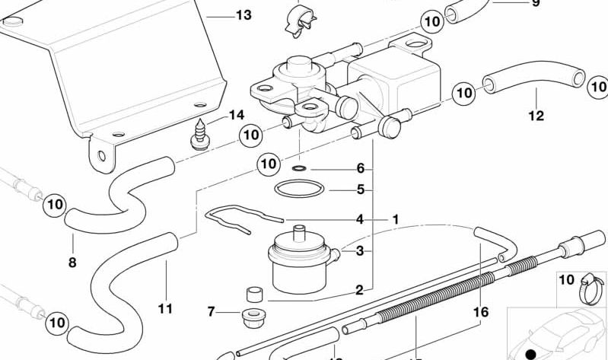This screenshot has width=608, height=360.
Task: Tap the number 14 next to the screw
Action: pyautogui.click(x=236, y=115)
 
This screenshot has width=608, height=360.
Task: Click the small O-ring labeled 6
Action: pyautogui.click(x=299, y=167)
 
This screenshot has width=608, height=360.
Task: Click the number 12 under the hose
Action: pyautogui.click(x=536, y=116)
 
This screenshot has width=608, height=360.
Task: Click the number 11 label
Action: pyautogui.click(x=165, y=308)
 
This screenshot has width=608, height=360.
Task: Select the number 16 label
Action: pyautogui.click(x=479, y=311)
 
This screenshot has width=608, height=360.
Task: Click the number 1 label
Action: pyautogui.click(x=395, y=219)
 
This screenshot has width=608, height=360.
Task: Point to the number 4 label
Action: pyautogui.click(x=360, y=219)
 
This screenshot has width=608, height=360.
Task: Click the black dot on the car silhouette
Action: pyautogui.click(x=530, y=354)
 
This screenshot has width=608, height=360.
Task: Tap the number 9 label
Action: pyautogui.click(x=535, y=4)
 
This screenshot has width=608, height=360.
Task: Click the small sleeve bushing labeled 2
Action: pyautogui.click(x=253, y=295)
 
